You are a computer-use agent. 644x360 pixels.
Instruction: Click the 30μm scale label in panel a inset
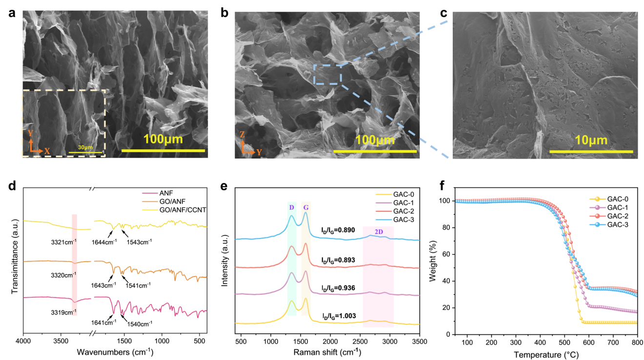85,147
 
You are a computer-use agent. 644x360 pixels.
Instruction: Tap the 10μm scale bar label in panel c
591,140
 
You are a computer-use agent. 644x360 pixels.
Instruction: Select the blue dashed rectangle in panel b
328,75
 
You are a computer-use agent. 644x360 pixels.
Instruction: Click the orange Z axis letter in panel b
242,135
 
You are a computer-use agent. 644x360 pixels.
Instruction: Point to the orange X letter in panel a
47,151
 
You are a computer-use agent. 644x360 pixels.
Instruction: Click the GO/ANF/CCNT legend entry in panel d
174,210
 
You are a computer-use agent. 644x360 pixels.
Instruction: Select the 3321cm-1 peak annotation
64,242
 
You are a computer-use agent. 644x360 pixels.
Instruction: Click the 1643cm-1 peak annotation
103,285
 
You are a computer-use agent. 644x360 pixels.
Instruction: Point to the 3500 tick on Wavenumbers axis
60,341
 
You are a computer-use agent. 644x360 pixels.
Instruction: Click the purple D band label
292,208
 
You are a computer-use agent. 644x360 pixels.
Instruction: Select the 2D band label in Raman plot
379,232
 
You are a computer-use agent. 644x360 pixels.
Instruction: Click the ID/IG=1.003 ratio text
339,316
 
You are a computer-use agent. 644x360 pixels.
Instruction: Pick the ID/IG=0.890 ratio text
338,230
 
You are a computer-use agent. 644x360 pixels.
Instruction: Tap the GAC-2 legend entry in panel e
395,211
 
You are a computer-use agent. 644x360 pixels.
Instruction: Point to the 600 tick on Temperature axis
589,342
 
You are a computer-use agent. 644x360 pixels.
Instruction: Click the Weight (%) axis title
433,261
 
